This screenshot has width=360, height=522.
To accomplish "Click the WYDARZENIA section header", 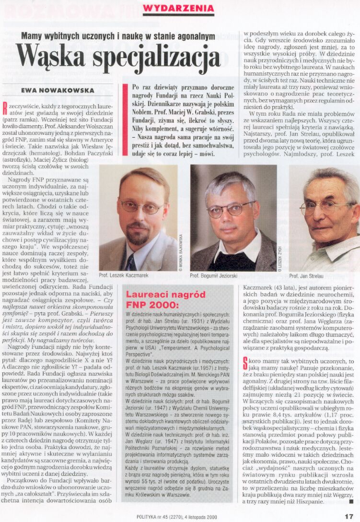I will click(178, 8).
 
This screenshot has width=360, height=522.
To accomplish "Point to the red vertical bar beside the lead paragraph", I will click(126, 119).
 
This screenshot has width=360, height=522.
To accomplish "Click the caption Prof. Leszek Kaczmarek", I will click(122, 276).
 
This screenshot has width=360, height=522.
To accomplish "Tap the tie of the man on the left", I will click(130, 263).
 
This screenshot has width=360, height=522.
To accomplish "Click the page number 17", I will click(348, 516).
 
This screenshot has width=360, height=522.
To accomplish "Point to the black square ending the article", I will click(351, 502).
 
